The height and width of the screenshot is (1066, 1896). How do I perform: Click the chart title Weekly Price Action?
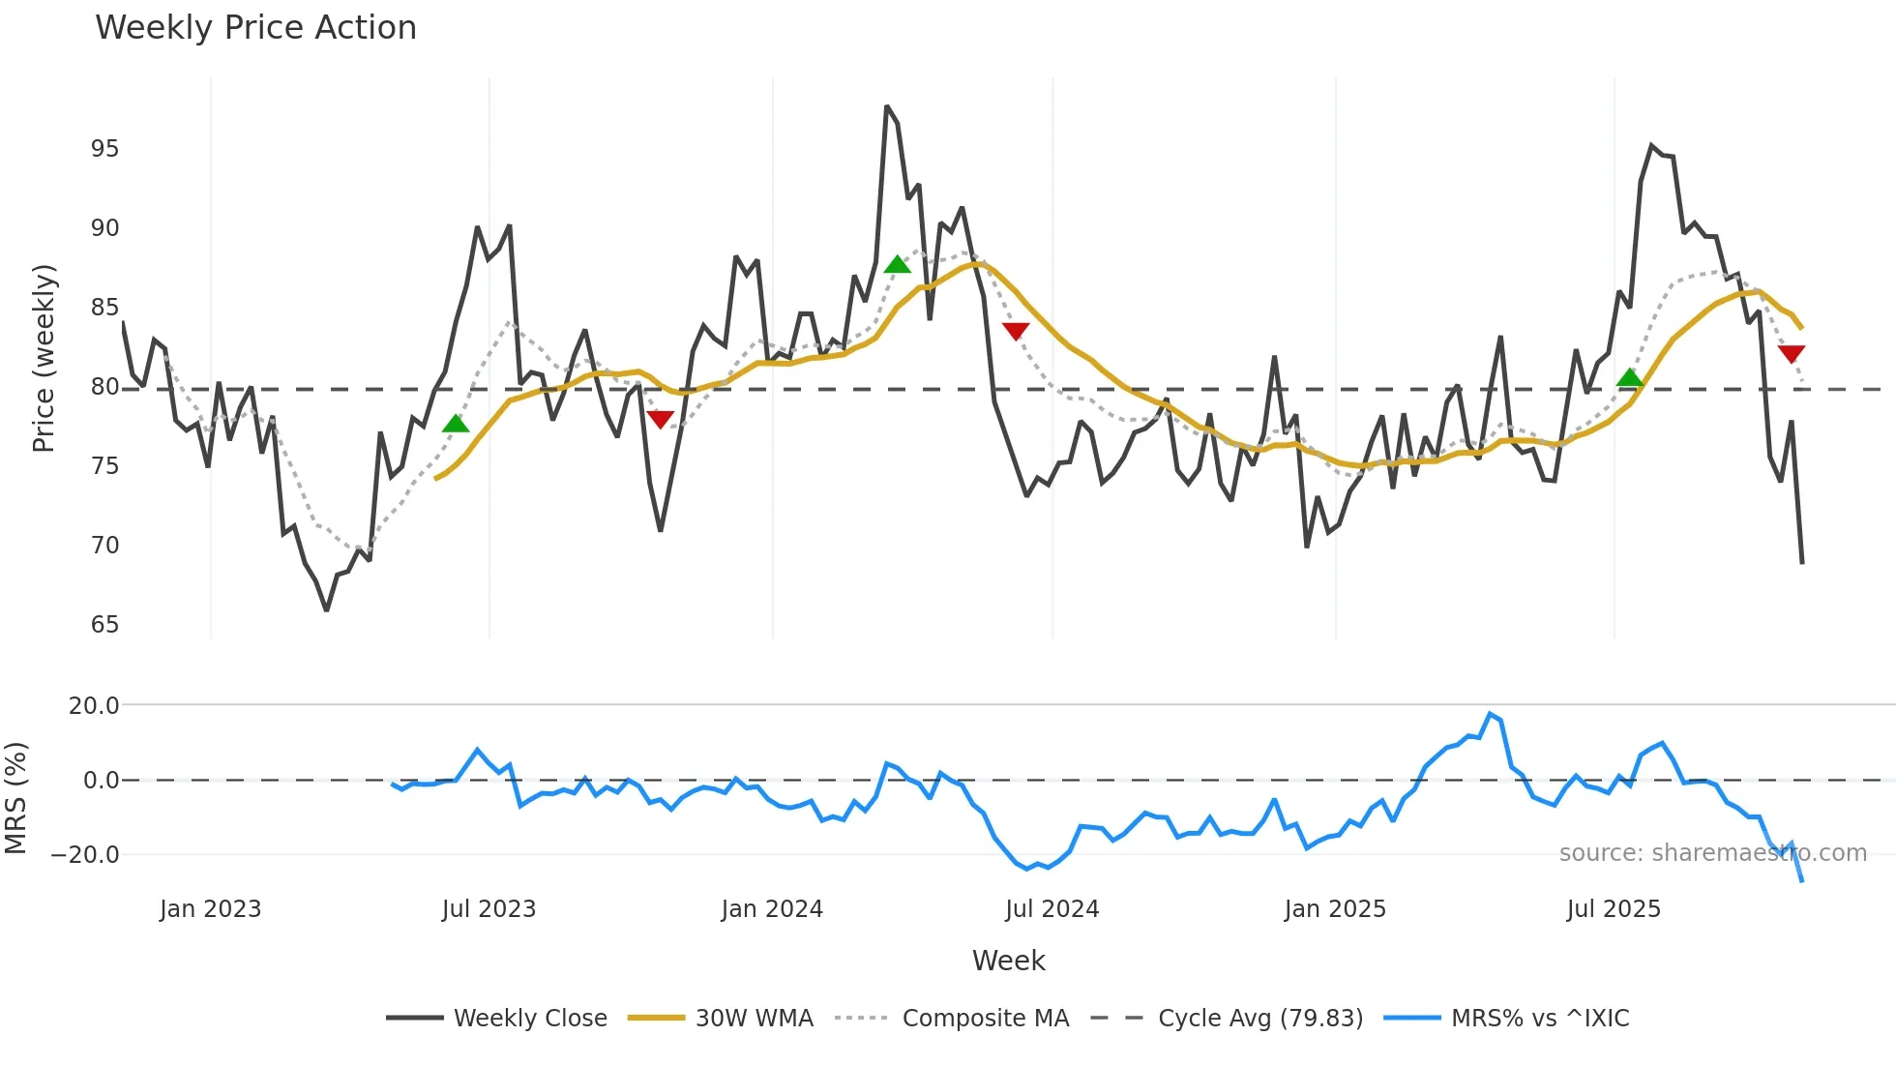(255, 28)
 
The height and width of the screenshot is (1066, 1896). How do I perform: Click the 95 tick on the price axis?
(104, 149)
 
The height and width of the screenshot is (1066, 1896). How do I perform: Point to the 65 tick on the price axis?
(104, 625)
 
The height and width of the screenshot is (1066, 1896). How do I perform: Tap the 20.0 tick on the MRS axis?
(94, 706)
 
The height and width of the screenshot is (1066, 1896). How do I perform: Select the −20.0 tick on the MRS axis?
(85, 855)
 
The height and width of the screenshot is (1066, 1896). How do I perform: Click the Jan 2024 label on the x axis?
(772, 909)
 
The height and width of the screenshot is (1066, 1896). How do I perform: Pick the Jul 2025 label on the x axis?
(1614, 909)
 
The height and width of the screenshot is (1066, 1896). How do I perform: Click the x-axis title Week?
(1008, 961)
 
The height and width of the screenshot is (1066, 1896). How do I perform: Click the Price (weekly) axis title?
(44, 358)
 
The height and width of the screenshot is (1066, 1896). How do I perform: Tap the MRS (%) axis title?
(15, 798)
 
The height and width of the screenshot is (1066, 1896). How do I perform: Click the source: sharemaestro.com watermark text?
(1712, 853)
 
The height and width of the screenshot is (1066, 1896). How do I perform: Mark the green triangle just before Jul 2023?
(456, 424)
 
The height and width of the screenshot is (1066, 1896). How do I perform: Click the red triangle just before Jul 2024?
(1016, 331)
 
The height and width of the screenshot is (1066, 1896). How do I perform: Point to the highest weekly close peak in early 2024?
(887, 107)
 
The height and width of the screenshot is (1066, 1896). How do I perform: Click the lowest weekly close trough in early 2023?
(327, 609)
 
